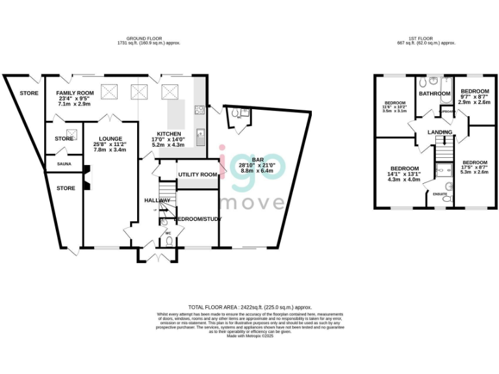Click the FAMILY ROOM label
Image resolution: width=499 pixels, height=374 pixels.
click(75, 93)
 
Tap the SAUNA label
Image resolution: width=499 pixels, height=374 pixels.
click(64, 164)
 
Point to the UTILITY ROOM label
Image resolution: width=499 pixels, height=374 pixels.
click(198, 175)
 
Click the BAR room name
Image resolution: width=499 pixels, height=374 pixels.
click(259, 159)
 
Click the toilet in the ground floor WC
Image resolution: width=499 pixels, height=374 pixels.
click(168, 241)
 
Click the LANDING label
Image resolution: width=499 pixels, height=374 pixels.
click(439, 132)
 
